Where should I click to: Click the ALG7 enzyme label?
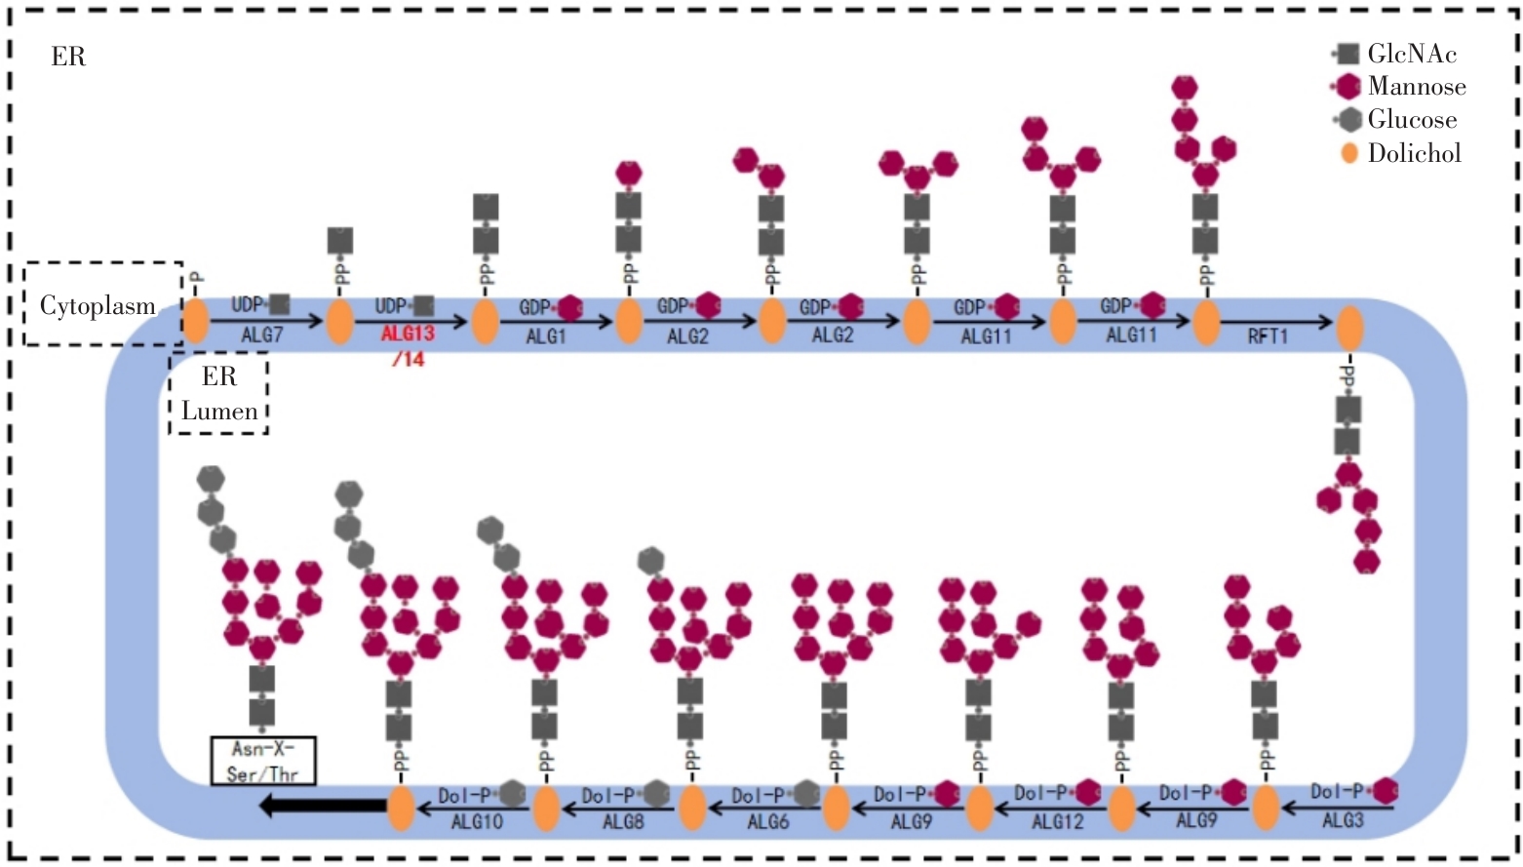pyautogui.click(x=262, y=335)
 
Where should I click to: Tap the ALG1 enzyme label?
pyautogui.click(x=545, y=336)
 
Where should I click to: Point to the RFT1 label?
pyautogui.click(x=1268, y=336)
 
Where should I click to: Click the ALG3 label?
pyautogui.click(x=1343, y=820)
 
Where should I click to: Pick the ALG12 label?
pyautogui.click(x=1057, y=821)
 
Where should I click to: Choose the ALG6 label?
pyautogui.click(x=767, y=821)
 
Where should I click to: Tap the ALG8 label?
pyautogui.click(x=623, y=821)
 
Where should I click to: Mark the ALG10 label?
pyautogui.click(x=477, y=821)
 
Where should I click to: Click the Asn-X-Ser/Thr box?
pyautogui.click(x=263, y=762)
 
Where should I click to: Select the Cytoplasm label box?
pyautogui.click(x=101, y=304)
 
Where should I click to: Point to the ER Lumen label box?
pyautogui.click(x=218, y=393)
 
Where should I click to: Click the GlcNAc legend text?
pyautogui.click(x=1412, y=54)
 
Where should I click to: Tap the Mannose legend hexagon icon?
pyautogui.click(x=1348, y=87)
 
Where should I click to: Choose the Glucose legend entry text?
pyautogui.click(x=1412, y=120)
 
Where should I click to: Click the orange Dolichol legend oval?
pyautogui.click(x=1349, y=153)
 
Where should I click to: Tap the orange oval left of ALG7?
pyautogui.click(x=196, y=321)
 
